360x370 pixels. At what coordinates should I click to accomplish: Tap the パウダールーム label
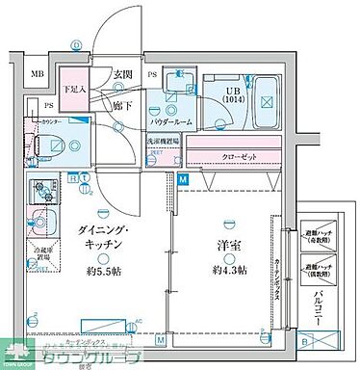point(169,123)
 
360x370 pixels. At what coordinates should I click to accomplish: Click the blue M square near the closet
point(184,178)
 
